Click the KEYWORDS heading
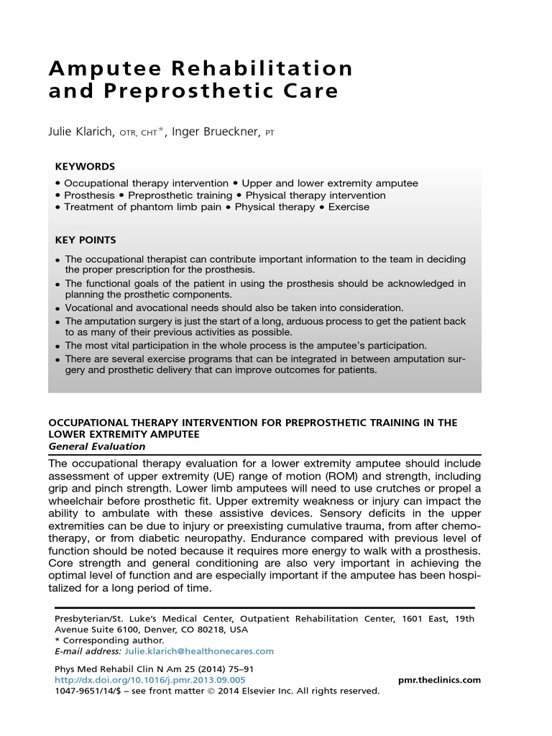coord(85,166)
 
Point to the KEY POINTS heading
coord(86,240)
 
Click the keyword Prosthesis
coord(89,195)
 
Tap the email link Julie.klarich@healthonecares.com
coord(199,651)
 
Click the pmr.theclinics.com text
coord(439,680)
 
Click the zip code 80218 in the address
coord(215,630)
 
